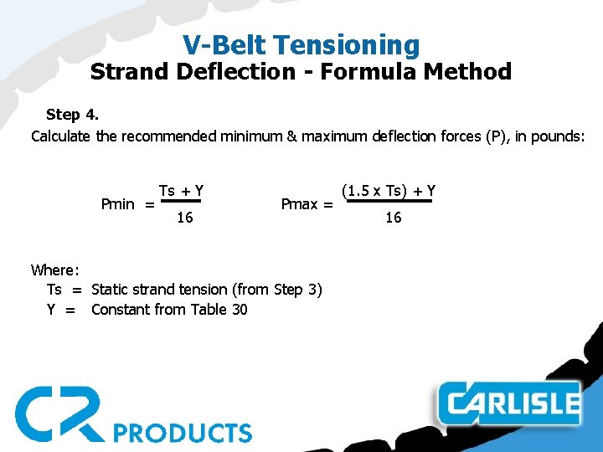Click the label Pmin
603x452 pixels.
coord(117,204)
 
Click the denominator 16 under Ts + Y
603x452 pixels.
coord(184,218)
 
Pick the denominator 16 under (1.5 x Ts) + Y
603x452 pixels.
coord(393,218)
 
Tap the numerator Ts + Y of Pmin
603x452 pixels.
coord(182,190)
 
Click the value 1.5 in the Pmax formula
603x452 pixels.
coord(358,190)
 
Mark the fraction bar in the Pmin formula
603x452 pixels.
coord(182,202)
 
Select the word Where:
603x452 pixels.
coord(55,270)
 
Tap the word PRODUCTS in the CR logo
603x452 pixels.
coord(183,433)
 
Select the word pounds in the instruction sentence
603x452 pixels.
coord(554,136)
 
